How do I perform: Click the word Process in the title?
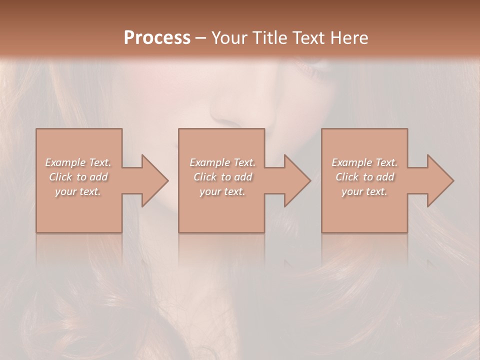[x=157, y=38]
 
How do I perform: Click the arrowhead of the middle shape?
[x=297, y=181]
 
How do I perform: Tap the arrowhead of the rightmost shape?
[x=440, y=181]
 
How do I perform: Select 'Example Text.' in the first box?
[x=78, y=162]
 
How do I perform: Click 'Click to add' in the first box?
[x=78, y=177]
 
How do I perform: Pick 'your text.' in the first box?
[x=78, y=191]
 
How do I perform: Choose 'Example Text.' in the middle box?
[x=222, y=162]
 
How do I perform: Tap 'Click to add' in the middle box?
[x=222, y=177]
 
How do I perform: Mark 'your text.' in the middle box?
[x=222, y=191]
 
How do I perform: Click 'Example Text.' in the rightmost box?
[x=364, y=162]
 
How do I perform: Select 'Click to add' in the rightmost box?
[x=364, y=177]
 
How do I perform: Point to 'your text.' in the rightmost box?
[x=364, y=191]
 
